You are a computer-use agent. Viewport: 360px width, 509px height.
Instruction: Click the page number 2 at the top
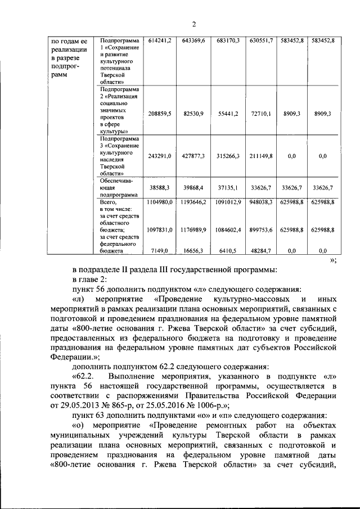[193, 24]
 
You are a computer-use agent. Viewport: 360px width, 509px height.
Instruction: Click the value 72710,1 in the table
[260, 113]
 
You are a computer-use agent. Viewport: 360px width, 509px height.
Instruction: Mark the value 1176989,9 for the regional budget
[194, 229]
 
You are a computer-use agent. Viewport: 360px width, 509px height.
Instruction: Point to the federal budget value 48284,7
[260, 252]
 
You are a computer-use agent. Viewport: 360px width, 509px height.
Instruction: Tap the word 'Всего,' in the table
[109, 201]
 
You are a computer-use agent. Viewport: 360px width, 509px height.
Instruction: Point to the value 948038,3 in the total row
[260, 201]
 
